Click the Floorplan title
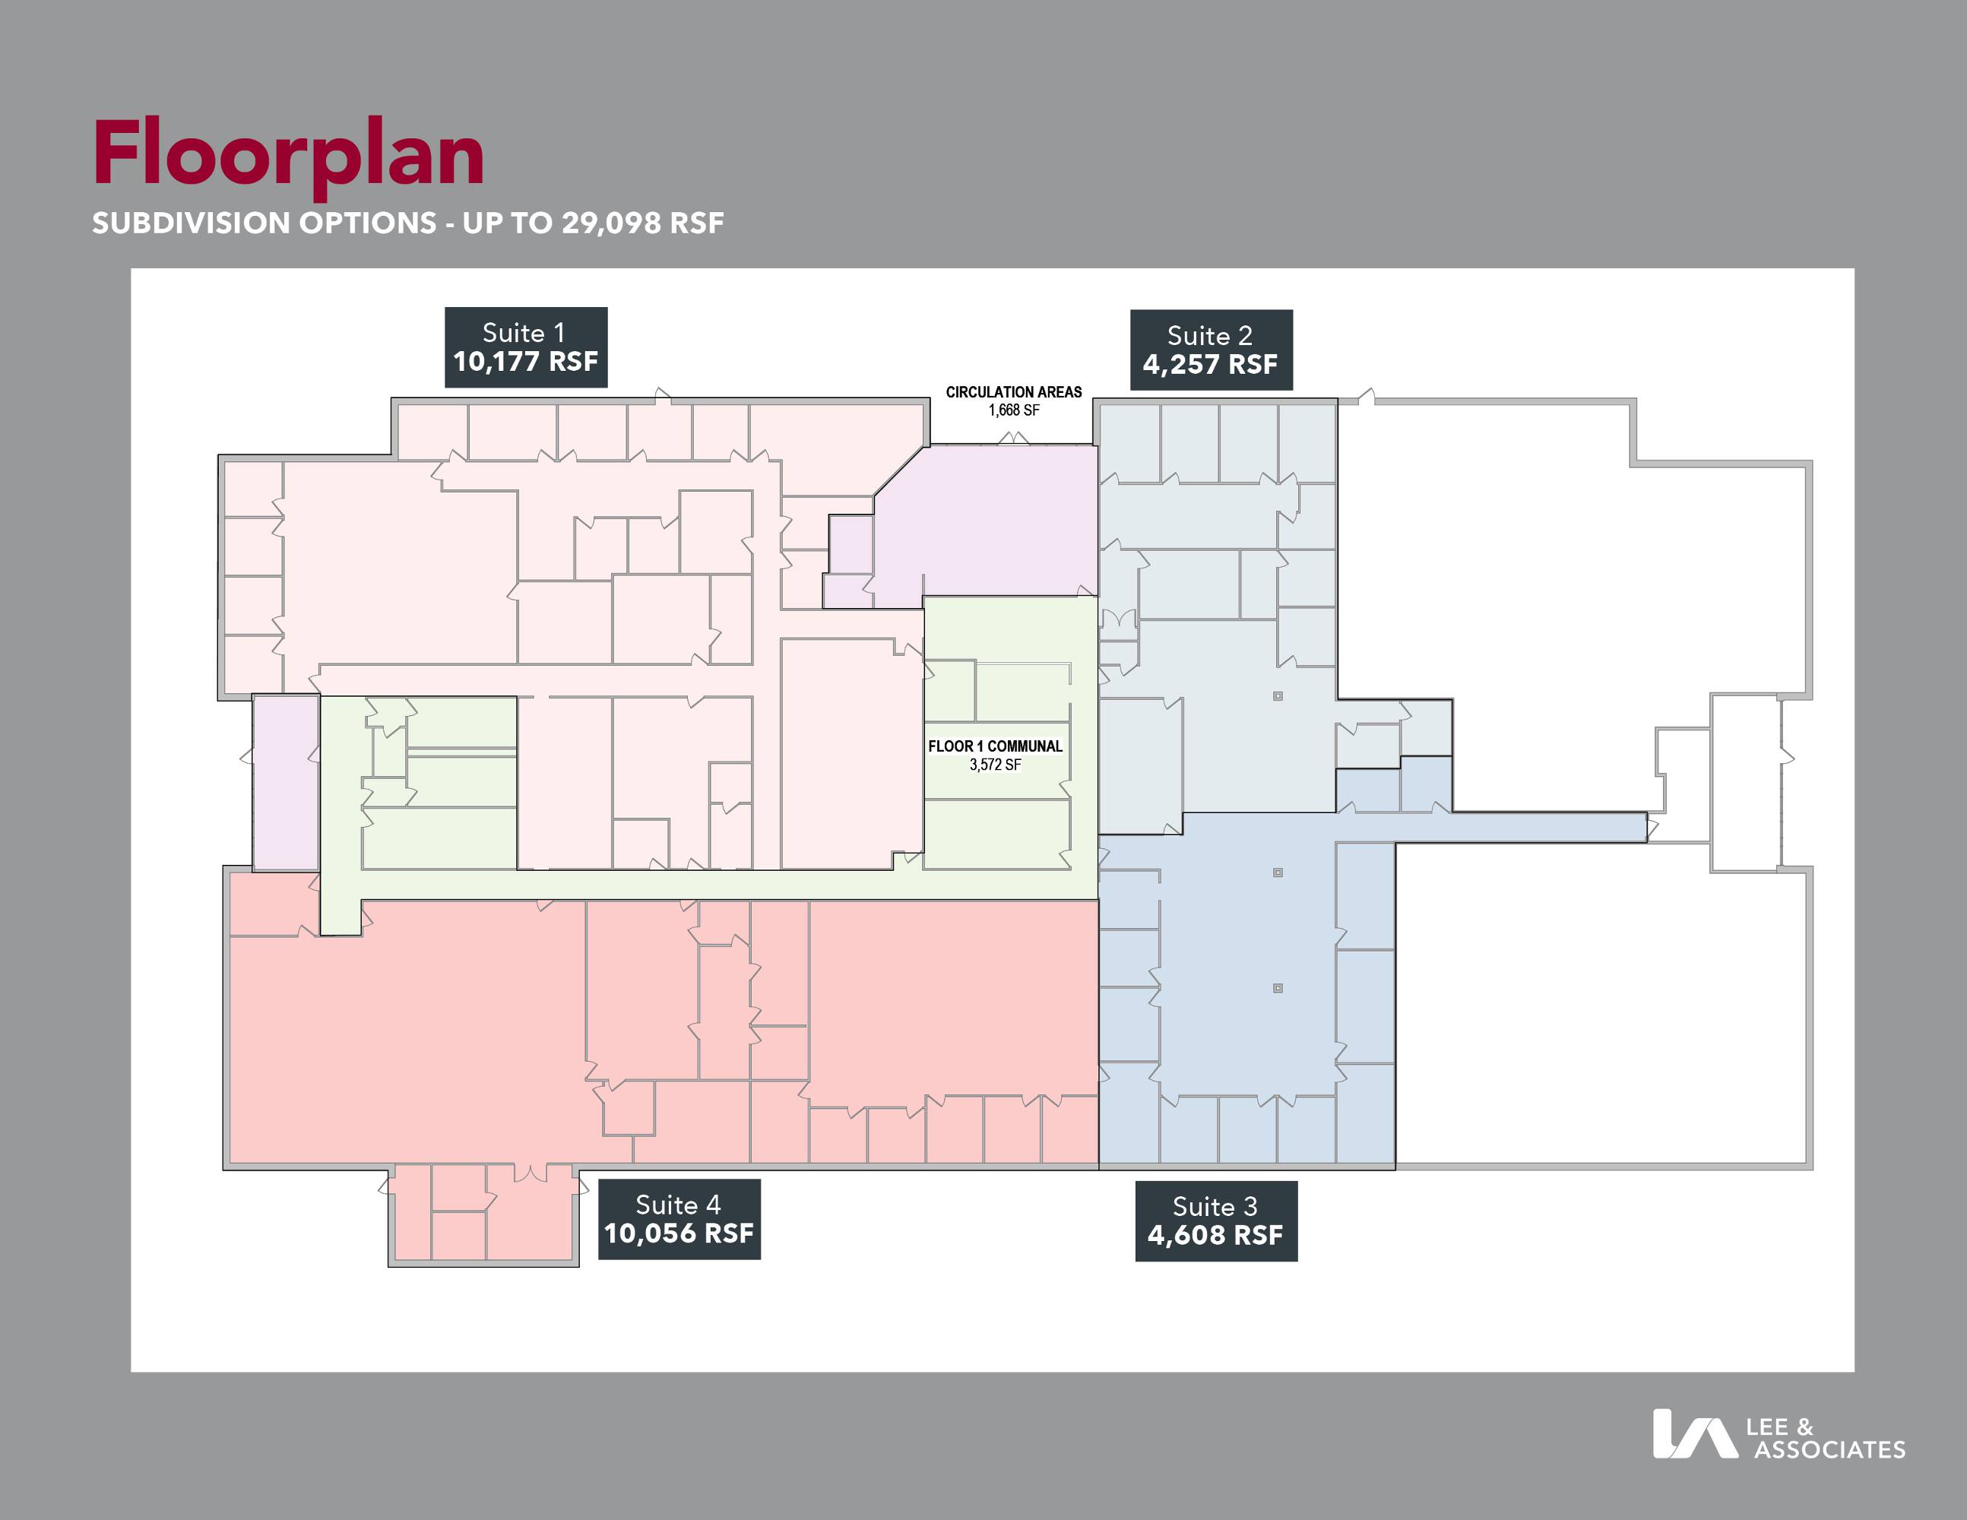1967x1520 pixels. coord(288,155)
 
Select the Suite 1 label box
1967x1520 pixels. coord(526,347)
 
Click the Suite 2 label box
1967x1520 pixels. coord(1212,350)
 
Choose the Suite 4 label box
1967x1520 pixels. coord(679,1219)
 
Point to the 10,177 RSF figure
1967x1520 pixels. coord(526,362)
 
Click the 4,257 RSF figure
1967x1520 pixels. coord(1211,365)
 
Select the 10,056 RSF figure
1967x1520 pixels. coord(679,1233)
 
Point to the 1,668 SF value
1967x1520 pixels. coord(1014,410)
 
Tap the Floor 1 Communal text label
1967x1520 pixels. coord(995,746)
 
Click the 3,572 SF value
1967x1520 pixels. coord(995,765)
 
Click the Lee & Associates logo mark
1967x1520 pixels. coord(1694,1433)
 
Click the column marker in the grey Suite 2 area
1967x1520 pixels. coord(1278,696)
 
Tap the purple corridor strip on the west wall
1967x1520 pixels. coord(286,783)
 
